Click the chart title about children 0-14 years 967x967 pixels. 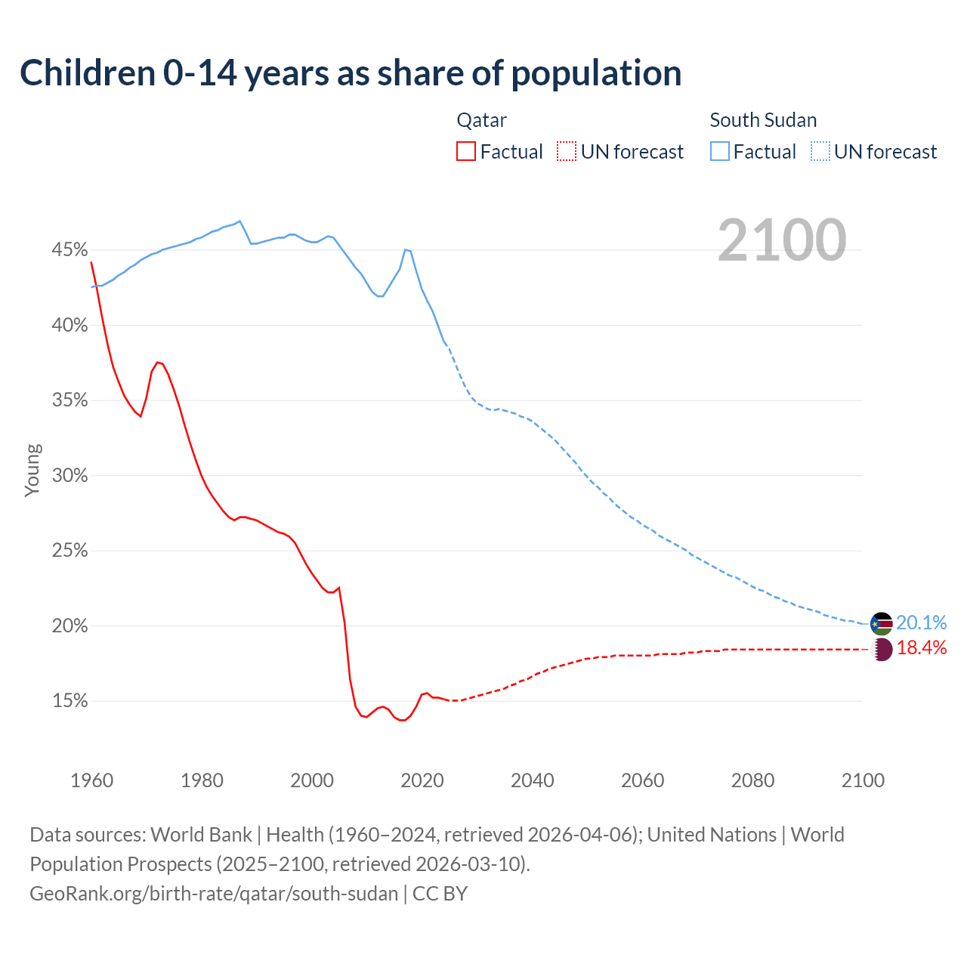coord(351,73)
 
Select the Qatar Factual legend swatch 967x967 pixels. coord(466,152)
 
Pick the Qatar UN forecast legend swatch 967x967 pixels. coord(567,152)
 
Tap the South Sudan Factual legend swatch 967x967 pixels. coord(720,152)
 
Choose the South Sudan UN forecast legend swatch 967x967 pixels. coord(820,152)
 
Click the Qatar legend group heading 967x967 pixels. coord(481,120)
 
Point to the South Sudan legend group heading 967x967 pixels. coord(763,120)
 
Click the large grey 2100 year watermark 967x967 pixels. coord(782,240)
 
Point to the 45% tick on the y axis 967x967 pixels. coord(70,250)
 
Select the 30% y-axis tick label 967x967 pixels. coord(70,476)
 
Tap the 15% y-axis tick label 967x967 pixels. coord(70,701)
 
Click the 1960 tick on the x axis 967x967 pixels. coord(91,780)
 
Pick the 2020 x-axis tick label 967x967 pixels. coord(422,780)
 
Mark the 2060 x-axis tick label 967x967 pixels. coord(642,780)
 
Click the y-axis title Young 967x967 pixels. coord(32,470)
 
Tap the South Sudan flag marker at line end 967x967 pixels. coord(881,624)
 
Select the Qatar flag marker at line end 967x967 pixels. coord(882,649)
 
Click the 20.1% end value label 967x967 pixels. coord(922,623)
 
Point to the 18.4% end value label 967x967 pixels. coord(922,648)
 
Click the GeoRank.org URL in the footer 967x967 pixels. coord(214,894)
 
